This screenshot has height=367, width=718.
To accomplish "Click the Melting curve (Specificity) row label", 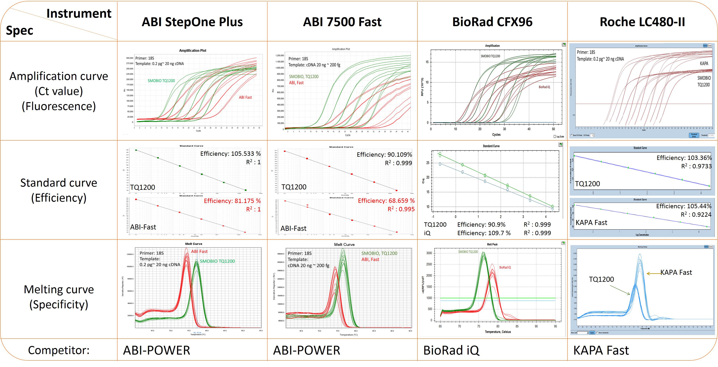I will click(59, 297).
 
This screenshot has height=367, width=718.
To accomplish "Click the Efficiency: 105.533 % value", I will click(231, 154).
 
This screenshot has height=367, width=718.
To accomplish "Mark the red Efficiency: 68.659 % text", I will click(386, 201).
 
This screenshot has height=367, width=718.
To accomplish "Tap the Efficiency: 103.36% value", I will click(684, 158).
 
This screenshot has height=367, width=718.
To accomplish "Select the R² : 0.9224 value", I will click(696, 215).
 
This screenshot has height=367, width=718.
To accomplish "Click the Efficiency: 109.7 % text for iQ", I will click(484, 233).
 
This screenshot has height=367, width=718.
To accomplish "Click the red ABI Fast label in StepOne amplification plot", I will click(245, 97).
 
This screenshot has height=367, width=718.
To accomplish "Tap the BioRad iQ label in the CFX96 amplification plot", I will click(544, 87).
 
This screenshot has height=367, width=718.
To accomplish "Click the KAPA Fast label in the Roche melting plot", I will click(676, 272).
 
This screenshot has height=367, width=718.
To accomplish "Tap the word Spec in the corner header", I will click(20, 30).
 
